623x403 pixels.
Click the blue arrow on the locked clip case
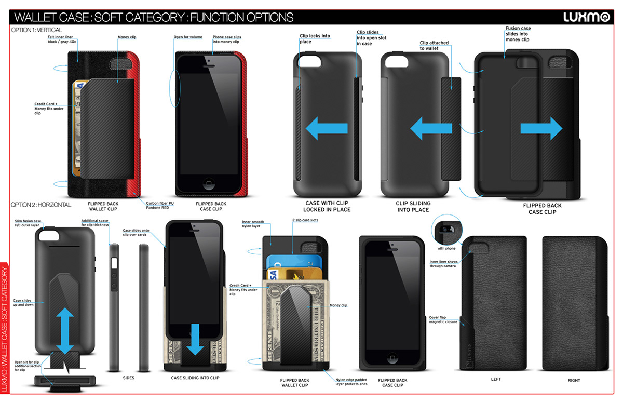pyautogui.click(x=326, y=128)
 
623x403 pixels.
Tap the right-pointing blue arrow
pyautogui.click(x=541, y=128)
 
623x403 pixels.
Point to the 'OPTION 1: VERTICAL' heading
pyautogui.click(x=36, y=30)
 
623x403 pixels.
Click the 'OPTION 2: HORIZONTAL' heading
pyautogui.click(x=41, y=205)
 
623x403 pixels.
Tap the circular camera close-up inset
pyautogui.click(x=447, y=229)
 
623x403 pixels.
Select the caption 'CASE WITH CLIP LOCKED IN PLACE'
pyautogui.click(x=328, y=206)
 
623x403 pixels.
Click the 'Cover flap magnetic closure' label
pyautogui.click(x=443, y=319)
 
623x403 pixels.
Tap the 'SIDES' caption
pyautogui.click(x=128, y=378)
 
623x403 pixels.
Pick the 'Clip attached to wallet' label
pyautogui.click(x=434, y=46)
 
